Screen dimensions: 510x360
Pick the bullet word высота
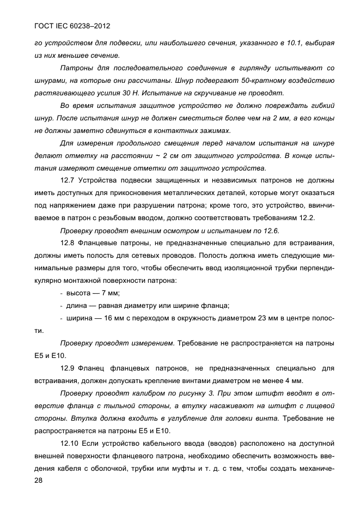coord(78,293)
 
